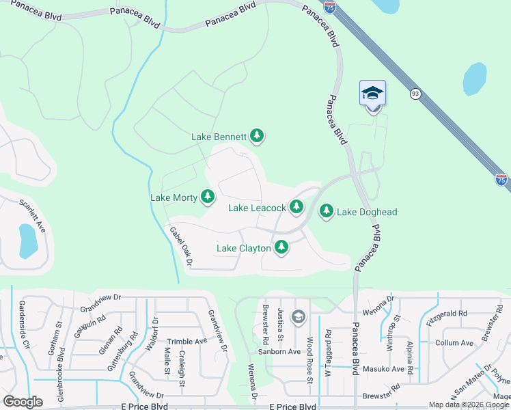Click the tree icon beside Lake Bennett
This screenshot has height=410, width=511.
point(257,137)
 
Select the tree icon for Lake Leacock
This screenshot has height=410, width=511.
point(296,206)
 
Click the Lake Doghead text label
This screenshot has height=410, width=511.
point(367,212)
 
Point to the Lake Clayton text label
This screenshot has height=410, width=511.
point(243,248)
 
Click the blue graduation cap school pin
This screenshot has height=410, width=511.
point(372,93)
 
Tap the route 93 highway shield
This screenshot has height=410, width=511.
point(415,94)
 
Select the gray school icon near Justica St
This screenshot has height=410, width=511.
point(298,316)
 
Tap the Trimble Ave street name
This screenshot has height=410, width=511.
point(187,341)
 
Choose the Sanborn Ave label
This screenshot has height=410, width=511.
point(279,352)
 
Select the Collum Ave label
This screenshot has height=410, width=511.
point(454,343)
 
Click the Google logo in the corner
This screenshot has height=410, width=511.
point(23,401)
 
